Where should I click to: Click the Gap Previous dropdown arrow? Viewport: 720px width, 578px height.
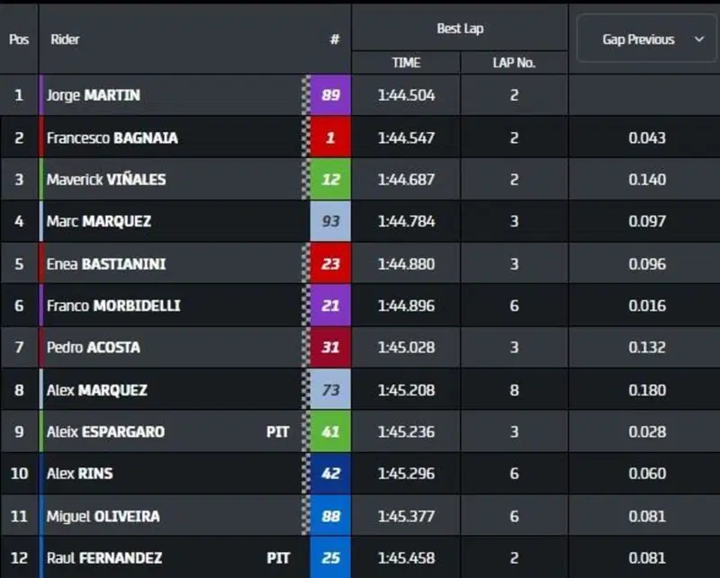pos(699,39)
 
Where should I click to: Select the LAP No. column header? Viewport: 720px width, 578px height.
pos(514,62)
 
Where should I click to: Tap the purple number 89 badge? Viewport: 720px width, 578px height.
pos(330,95)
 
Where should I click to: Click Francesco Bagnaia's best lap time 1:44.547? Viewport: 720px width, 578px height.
pos(407,138)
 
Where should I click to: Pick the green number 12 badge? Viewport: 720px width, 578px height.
pos(330,180)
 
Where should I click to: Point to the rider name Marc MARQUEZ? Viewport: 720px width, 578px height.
pos(99,221)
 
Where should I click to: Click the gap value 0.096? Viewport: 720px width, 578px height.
pos(647,263)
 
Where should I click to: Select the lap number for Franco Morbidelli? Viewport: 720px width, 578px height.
pos(514,306)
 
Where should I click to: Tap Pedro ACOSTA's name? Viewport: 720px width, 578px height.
pos(94,347)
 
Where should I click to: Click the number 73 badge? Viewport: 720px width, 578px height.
pos(330,390)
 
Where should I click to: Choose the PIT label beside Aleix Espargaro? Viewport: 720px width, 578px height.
pos(278,431)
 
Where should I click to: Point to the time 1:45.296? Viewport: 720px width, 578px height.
pos(407,474)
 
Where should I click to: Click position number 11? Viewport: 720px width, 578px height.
pos(19,516)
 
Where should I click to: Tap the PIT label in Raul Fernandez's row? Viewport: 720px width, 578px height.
pos(278,558)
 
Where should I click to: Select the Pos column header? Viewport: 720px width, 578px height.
pos(19,40)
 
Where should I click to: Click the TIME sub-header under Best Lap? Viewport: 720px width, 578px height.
pos(407,62)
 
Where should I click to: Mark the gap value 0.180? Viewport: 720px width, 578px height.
pos(647,390)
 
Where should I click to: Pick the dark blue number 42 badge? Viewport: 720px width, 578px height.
pos(330,474)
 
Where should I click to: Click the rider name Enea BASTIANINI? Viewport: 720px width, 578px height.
pos(106,263)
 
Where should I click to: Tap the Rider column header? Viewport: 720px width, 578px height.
pos(65,40)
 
